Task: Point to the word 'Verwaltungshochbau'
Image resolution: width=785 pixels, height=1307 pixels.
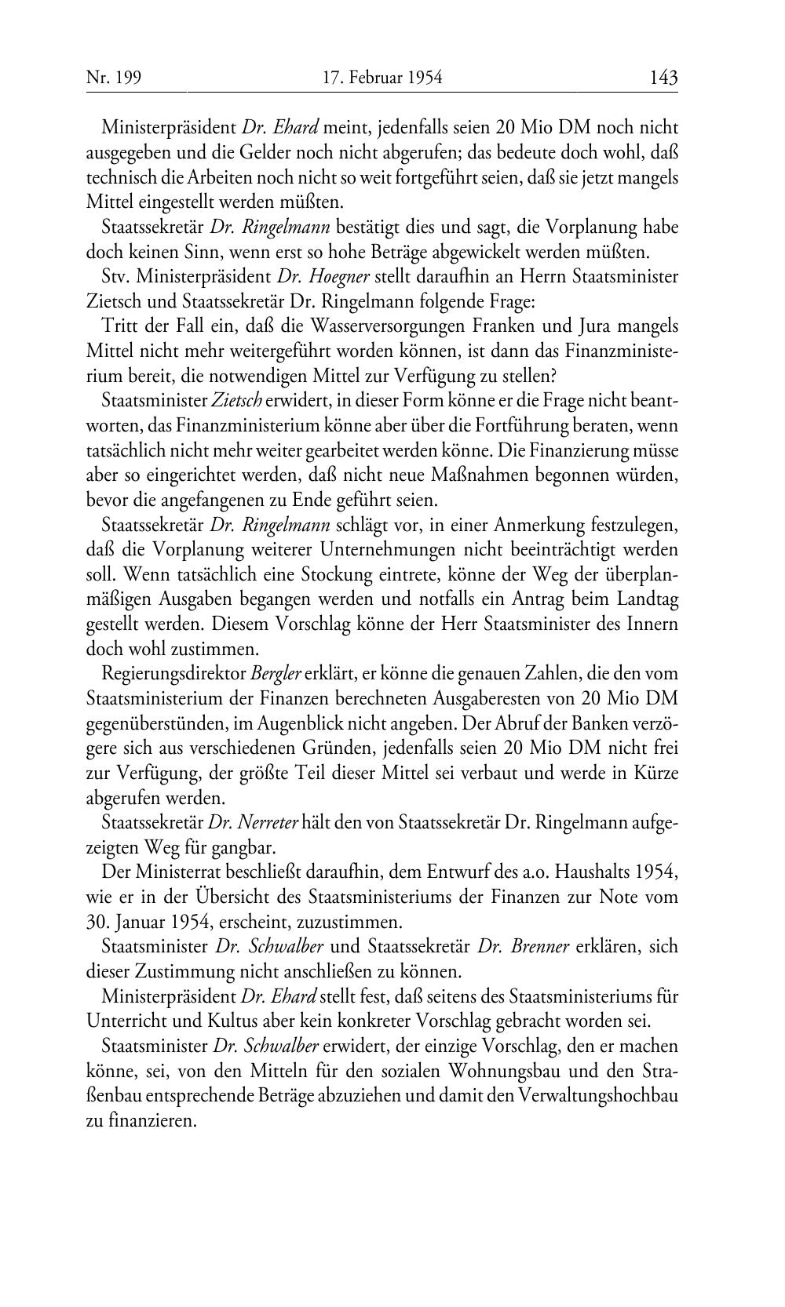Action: pyautogui.click(x=597, y=1096)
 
